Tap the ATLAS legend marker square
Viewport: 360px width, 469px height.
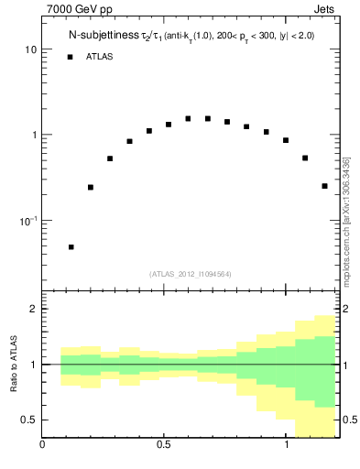[70, 57]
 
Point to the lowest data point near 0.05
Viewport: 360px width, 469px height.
[71, 246]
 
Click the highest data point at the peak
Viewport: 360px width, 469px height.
[188, 118]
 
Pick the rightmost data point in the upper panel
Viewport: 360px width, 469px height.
[324, 186]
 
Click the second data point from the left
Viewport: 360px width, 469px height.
[90, 187]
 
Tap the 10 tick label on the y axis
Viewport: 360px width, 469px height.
[30, 49]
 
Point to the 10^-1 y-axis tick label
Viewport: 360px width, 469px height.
[27, 220]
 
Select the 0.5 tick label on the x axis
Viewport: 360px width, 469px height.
[164, 448]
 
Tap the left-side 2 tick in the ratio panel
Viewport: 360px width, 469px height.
[33, 310]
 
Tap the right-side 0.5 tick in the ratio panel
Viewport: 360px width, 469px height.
[351, 420]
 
